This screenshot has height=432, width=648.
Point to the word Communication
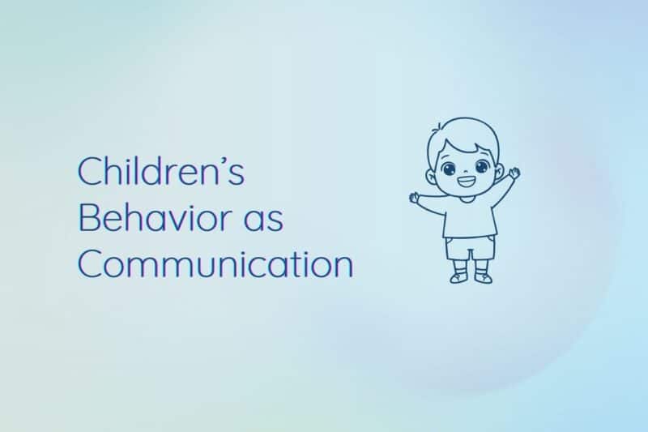215,265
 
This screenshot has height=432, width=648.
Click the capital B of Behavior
88,219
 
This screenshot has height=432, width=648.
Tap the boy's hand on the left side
415,196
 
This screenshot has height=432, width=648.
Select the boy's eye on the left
449,169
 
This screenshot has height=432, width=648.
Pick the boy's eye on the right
481,168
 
